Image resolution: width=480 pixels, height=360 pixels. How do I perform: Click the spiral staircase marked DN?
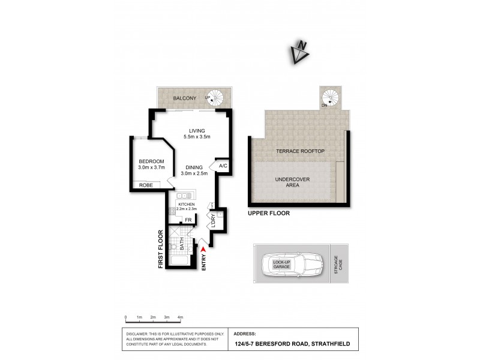coord(329,97)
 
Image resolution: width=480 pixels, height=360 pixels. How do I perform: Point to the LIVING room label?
coord(197,131)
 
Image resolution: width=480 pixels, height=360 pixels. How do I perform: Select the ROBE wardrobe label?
coord(146,185)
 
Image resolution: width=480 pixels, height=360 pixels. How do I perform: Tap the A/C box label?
coord(222,166)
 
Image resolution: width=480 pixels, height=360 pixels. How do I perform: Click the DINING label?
coord(194,167)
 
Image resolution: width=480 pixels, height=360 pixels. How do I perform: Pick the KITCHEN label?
coord(186,205)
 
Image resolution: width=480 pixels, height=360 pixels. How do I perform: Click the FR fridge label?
coord(188,220)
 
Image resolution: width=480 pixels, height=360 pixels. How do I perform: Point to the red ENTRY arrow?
coord(204,248)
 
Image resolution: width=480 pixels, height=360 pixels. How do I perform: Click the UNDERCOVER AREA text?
coord(287,182)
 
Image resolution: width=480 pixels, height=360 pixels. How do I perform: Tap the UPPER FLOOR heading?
coord(269,213)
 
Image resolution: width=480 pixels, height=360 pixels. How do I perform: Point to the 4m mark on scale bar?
coord(180,316)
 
